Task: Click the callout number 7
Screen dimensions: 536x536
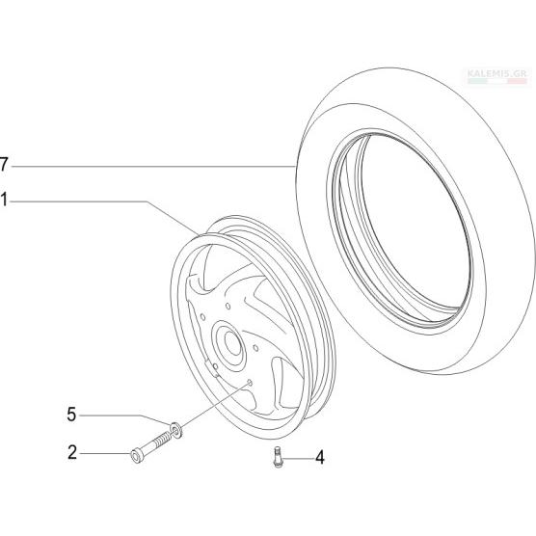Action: tap(4, 165)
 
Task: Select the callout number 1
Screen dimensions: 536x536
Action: tap(4, 200)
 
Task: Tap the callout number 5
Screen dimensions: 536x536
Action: tap(71, 415)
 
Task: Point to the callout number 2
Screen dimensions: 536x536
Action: tap(72, 452)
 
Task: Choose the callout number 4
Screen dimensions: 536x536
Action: tap(320, 457)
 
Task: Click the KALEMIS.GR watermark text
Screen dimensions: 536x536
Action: tap(497, 73)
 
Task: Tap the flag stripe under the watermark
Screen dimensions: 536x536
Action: tap(497, 81)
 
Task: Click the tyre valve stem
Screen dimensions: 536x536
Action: tap(278, 457)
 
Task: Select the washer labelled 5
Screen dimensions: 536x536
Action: tap(175, 429)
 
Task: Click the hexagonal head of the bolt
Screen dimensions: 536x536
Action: tap(137, 456)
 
